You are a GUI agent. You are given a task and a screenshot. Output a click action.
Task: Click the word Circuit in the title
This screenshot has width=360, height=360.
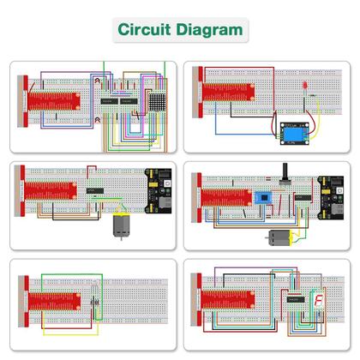tap(143, 29)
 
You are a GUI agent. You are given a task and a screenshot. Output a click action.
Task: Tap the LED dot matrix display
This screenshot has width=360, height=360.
tap(153, 101)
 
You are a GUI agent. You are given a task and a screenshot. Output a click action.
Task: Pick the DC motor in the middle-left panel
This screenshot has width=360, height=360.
tap(117, 226)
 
